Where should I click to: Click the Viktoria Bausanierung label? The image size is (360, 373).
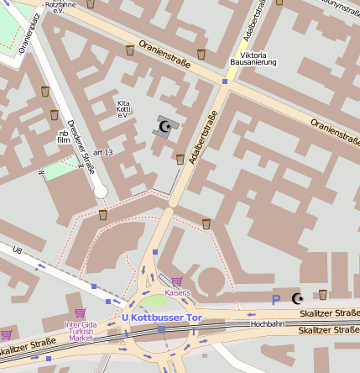tap(253, 58)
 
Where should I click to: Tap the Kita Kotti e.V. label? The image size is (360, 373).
tap(123, 108)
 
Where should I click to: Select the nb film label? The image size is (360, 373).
tap(63, 137)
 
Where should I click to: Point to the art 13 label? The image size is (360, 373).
tap(103, 152)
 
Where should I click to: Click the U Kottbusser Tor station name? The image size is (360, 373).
tap(162, 318)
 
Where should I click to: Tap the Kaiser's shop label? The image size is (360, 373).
tap(178, 292)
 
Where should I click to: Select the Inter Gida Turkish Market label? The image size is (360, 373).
tap(81, 330)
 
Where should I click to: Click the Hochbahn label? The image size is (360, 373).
tap(267, 323)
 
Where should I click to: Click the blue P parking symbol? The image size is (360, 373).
tap(275, 299)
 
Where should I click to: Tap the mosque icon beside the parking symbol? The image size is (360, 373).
tap(297, 298)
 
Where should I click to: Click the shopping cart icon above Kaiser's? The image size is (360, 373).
tap(177, 281)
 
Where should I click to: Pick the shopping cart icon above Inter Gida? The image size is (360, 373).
tap(81, 313)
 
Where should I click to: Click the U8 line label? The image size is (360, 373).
tap(18, 250)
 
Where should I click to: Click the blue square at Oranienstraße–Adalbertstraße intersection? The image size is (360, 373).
tap(225, 81)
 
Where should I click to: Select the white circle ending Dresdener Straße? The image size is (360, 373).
tap(101, 192)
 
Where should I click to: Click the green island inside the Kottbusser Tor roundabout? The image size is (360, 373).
tap(154, 303)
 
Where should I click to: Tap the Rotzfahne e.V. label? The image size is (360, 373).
tap(60, 8)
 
